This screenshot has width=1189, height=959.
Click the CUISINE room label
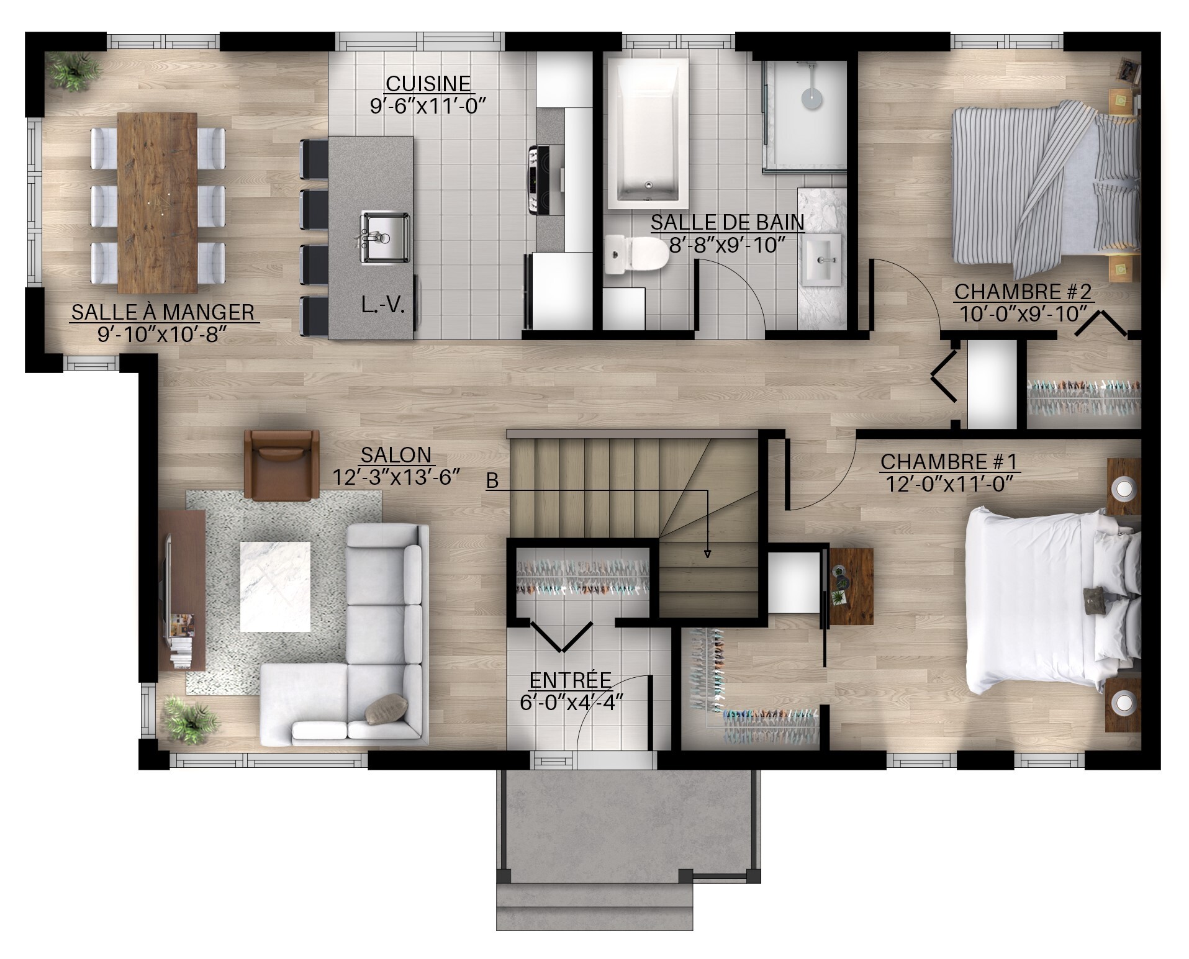click(x=428, y=83)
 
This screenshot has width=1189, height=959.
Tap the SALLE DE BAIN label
click(x=728, y=222)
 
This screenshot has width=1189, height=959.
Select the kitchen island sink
click(x=384, y=237)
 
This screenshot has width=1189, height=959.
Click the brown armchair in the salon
click(x=283, y=464)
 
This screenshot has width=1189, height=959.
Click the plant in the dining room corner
click(x=72, y=71)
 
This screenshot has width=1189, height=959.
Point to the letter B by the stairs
click(x=492, y=480)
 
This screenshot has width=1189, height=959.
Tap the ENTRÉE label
click(x=571, y=680)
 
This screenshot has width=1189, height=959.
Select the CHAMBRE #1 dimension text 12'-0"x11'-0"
click(x=950, y=482)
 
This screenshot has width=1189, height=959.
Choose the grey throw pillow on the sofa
click(x=387, y=708)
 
